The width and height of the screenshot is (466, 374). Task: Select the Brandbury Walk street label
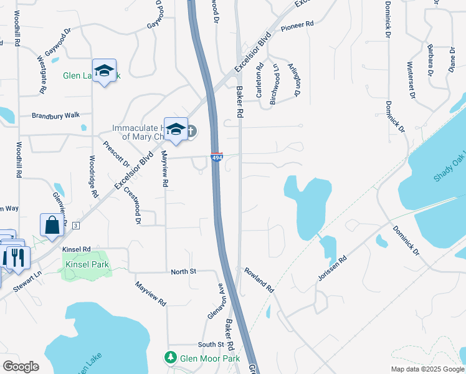click(56, 115)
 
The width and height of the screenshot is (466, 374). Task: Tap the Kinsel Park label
click(87, 264)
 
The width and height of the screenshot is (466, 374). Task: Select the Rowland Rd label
click(259, 280)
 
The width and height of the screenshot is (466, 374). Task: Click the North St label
click(184, 272)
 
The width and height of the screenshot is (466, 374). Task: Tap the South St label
click(211, 345)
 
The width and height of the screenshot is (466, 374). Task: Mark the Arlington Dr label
click(295, 79)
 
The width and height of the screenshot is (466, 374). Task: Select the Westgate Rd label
click(42, 74)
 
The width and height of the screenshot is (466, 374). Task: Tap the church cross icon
click(191, 131)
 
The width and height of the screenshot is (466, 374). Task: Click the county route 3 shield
click(75, 224)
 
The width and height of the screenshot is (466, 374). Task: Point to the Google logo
click(21, 367)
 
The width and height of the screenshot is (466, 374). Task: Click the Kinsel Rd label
click(77, 249)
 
